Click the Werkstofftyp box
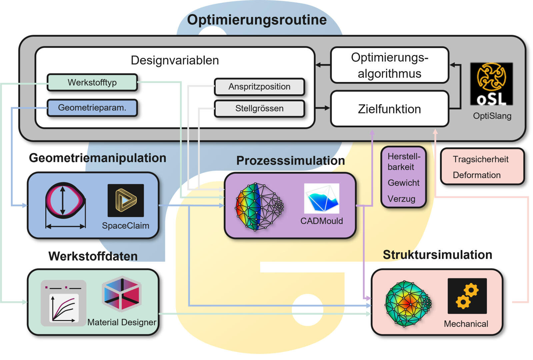click(92, 82)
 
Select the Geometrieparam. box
click(92, 108)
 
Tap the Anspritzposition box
click(259, 87)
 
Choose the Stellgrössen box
click(259, 108)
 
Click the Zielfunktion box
click(389, 109)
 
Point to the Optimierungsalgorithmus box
click(389, 65)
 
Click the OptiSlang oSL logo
click(491, 84)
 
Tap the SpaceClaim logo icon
click(126, 200)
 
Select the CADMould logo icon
click(321, 198)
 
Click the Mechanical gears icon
click(467, 296)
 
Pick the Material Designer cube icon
click(122, 294)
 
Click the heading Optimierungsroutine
click(257, 20)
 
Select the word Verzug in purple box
click(401, 199)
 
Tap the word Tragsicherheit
click(480, 159)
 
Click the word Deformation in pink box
click(476, 175)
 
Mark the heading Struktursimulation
click(437, 255)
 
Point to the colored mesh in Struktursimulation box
click(407, 304)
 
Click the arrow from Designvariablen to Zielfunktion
click(322, 108)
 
